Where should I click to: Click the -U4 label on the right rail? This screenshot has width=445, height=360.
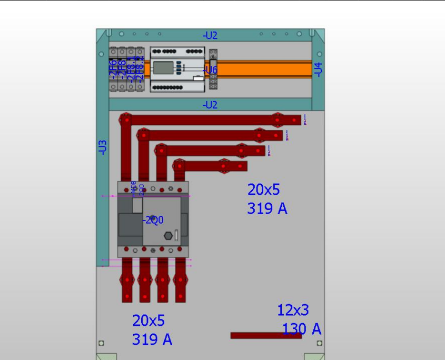318,69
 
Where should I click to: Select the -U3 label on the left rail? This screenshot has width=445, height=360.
103,147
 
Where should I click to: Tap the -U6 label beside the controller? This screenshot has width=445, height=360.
211,70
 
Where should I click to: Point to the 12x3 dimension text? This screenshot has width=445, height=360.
293,311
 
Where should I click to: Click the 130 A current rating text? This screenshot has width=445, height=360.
301,329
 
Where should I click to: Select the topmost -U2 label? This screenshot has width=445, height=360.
210,36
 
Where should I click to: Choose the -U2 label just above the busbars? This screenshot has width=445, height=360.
210,105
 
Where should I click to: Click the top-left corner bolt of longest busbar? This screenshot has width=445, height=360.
125,119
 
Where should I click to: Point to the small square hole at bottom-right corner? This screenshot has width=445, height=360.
320,343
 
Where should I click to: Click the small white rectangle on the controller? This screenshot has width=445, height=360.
197,78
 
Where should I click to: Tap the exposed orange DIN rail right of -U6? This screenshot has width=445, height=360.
263,69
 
